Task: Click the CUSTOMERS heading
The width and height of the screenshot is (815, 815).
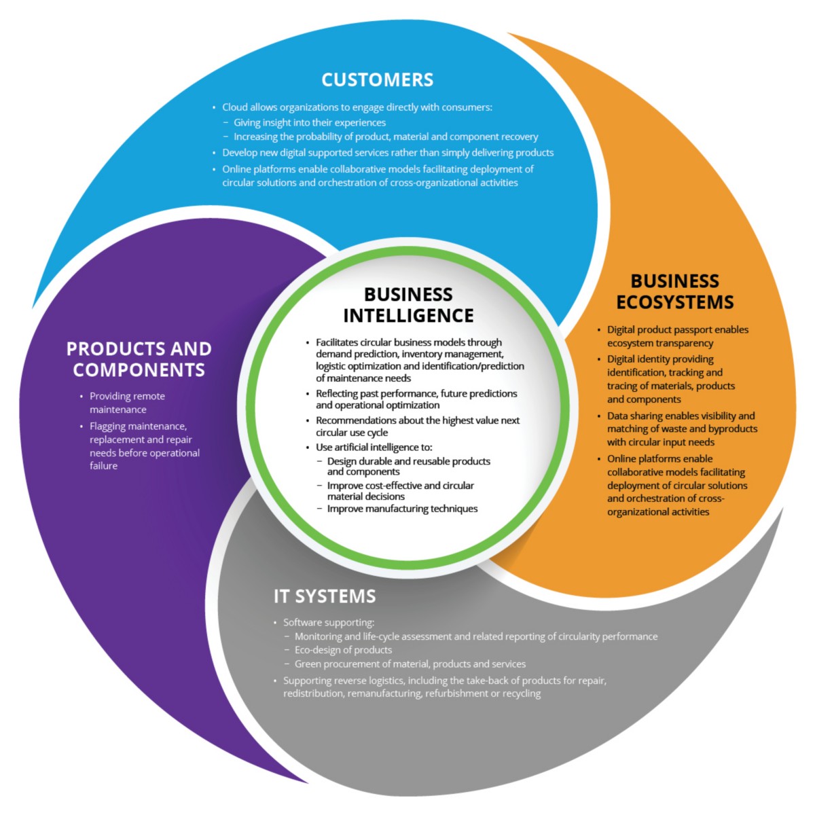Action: pyautogui.click(x=377, y=80)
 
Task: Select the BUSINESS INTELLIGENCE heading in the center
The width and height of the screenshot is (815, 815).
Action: pyautogui.click(x=408, y=305)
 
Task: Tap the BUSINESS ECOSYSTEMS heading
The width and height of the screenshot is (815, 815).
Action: pyautogui.click(x=674, y=291)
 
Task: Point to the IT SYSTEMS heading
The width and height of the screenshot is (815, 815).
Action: pyautogui.click(x=325, y=596)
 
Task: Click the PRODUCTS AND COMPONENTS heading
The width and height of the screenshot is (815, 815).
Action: pyautogui.click(x=139, y=359)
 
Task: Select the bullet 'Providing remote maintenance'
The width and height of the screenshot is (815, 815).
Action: pyautogui.click(x=127, y=403)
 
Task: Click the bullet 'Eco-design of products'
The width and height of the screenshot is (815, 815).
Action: pyautogui.click(x=343, y=650)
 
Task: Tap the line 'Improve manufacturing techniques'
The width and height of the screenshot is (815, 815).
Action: pyautogui.click(x=402, y=509)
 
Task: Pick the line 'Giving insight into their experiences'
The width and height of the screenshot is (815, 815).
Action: pyautogui.click(x=310, y=123)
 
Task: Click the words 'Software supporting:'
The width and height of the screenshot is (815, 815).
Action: pyautogui.click(x=329, y=622)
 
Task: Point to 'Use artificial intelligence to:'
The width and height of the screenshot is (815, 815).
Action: pyautogui.click(x=374, y=447)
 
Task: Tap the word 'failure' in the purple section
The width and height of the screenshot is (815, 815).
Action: pyautogui.click(x=104, y=466)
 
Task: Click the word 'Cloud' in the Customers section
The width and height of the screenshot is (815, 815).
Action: pyautogui.click(x=235, y=107)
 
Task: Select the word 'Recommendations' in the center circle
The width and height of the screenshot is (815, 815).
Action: pyautogui.click(x=355, y=420)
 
